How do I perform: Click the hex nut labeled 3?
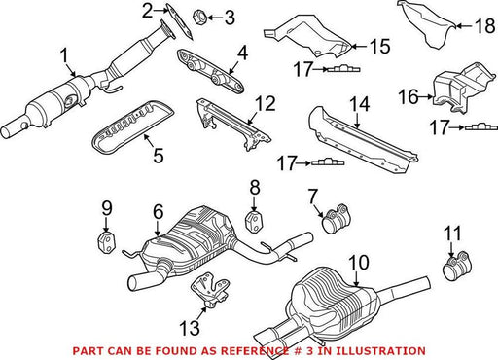pyautogui.click(x=198, y=17)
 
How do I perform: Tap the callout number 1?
pyautogui.click(x=65, y=55)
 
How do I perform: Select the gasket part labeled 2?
pyautogui.click(x=179, y=22)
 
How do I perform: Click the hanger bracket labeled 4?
pyautogui.click(x=210, y=71)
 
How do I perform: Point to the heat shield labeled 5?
pyautogui.click(x=132, y=127)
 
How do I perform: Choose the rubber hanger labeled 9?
pyautogui.click(x=106, y=241)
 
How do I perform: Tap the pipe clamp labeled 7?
pyautogui.click(x=338, y=219)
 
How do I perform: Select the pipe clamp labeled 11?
pyautogui.click(x=457, y=266)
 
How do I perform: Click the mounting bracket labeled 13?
pyautogui.click(x=210, y=291)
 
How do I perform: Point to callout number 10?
pyautogui.click(x=359, y=262)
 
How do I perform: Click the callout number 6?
pyautogui.click(x=159, y=212)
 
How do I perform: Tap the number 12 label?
pyautogui.click(x=265, y=103)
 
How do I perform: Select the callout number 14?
pyautogui.click(x=360, y=104)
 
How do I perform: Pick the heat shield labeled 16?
pyautogui.click(x=464, y=89)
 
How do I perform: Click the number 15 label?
pyautogui.click(x=380, y=46)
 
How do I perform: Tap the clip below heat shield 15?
pyautogui.click(x=343, y=69)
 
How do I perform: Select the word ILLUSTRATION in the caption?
pyautogui.click(x=380, y=351)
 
